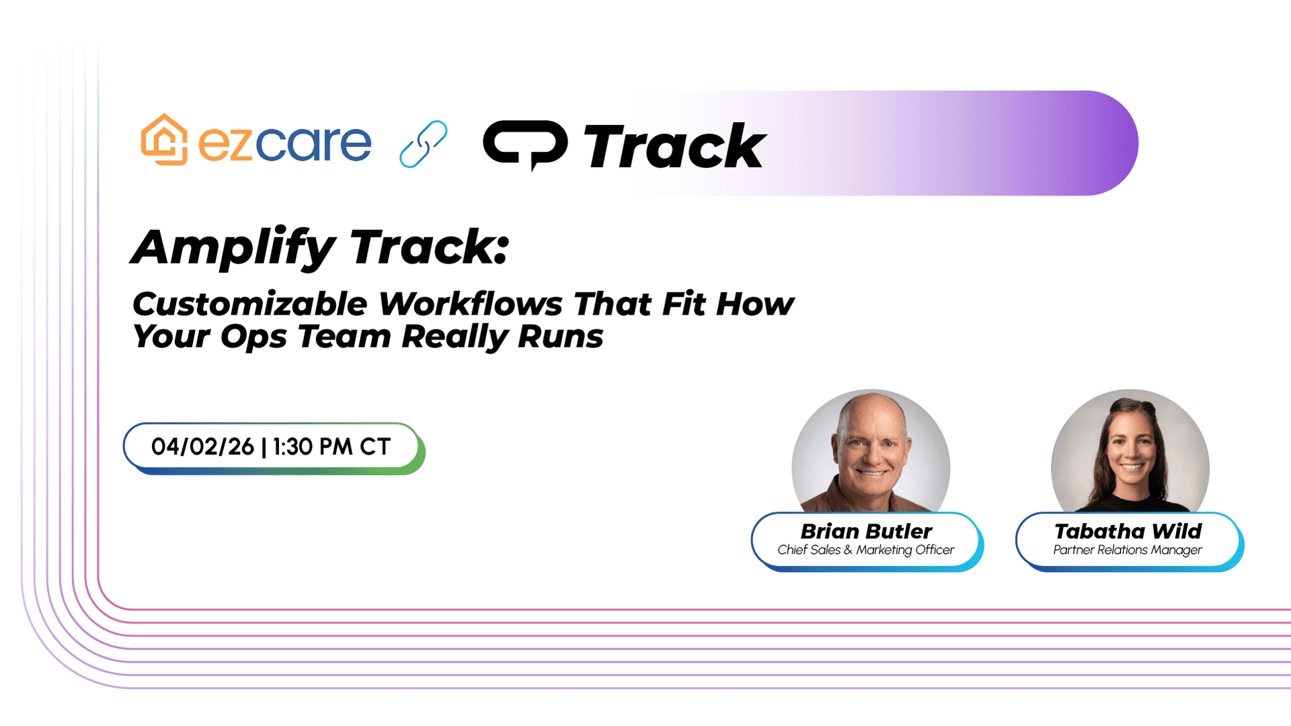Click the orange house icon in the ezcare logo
[x=164, y=139]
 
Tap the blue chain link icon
[x=423, y=144]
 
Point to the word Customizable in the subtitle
[x=250, y=304]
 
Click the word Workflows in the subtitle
[x=471, y=304]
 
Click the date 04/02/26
[x=202, y=447]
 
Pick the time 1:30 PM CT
[x=331, y=447]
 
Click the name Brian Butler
[x=866, y=531]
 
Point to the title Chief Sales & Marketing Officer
[x=866, y=550]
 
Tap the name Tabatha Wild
[x=1128, y=531]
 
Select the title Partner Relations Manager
[x=1128, y=550]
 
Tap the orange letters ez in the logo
[x=225, y=144]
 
